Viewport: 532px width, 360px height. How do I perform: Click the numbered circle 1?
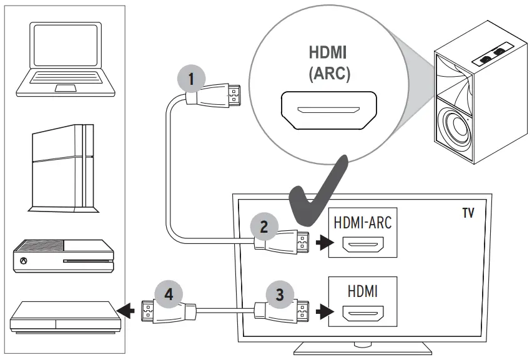191,80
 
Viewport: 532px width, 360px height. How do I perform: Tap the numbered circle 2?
264,226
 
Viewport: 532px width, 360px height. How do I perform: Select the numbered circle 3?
280,294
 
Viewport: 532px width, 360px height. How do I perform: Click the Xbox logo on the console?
24,261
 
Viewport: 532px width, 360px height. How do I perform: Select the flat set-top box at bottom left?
62,316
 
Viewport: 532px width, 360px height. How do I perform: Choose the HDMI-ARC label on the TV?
363,222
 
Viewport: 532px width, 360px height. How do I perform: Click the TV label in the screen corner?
468,213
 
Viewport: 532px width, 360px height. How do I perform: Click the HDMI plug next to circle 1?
215,97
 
